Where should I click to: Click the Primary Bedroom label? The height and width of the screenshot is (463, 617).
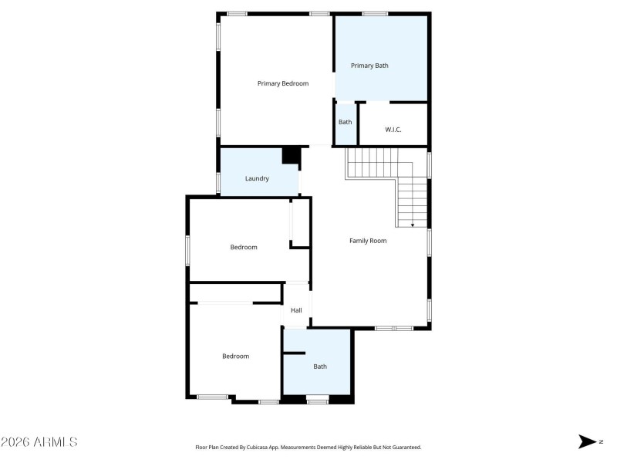pyautogui.click(x=283, y=83)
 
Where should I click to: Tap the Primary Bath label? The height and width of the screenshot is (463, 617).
pyautogui.click(x=369, y=66)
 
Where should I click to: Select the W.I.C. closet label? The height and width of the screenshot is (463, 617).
pyautogui.click(x=393, y=130)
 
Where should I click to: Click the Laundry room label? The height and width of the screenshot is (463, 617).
pyautogui.click(x=257, y=178)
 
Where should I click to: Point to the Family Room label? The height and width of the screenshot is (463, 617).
pyautogui.click(x=368, y=241)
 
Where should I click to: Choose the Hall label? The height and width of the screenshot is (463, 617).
pyautogui.click(x=296, y=311)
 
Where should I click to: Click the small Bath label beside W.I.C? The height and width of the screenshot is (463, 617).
pyautogui.click(x=345, y=122)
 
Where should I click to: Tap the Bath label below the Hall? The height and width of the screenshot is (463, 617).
pyautogui.click(x=319, y=367)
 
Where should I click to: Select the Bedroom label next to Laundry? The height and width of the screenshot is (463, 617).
pyautogui.click(x=244, y=247)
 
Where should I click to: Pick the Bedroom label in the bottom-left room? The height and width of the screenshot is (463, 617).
pyautogui.click(x=236, y=356)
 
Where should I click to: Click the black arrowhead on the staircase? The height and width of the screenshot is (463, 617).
pyautogui.click(x=413, y=225)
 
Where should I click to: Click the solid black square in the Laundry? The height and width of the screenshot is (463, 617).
pyautogui.click(x=291, y=155)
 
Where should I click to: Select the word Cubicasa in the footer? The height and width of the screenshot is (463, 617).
pyautogui.click(x=258, y=448)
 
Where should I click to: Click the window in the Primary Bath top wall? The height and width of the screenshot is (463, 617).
pyautogui.click(x=375, y=13)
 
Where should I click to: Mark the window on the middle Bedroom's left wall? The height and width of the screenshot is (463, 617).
pyautogui.click(x=187, y=251)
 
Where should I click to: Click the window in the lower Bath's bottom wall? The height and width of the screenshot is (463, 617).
pyautogui.click(x=318, y=400)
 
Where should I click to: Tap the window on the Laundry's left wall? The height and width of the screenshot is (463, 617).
pyautogui.click(x=219, y=182)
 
